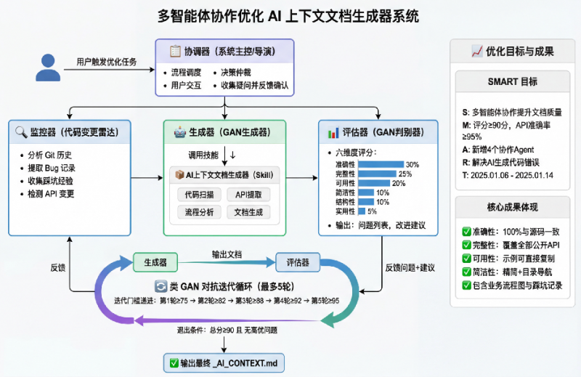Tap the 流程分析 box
pyautogui.click(x=199, y=212)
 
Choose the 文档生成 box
pyautogui.click(x=248, y=212)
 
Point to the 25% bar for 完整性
pyautogui.click(x=377, y=174)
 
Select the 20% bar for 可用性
pyautogui.click(x=373, y=183)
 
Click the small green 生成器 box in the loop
pyautogui.click(x=155, y=262)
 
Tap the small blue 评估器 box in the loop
pyautogui.click(x=297, y=262)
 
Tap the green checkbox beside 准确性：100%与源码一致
pyautogui.click(x=466, y=231)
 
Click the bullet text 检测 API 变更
pyautogui.click(x=50, y=194)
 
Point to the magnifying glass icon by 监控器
pyautogui.click(x=20, y=132)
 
